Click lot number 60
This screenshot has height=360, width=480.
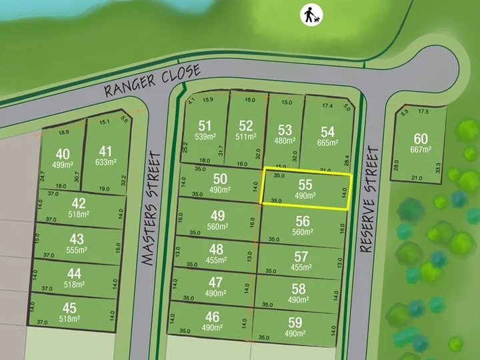click(x=421, y=139)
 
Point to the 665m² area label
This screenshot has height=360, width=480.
click(x=327, y=143)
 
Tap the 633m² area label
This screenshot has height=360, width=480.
click(x=106, y=161)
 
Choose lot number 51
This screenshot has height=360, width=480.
click(x=205, y=125)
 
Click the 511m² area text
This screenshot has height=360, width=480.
click(x=246, y=136)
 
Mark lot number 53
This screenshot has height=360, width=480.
click(x=285, y=129)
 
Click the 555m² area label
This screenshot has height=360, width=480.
click(x=78, y=250)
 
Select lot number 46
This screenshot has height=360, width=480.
click(x=212, y=316)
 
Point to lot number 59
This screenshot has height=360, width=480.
click(x=295, y=323)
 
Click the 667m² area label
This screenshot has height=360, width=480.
click(x=421, y=149)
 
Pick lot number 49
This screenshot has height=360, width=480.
click(x=217, y=215)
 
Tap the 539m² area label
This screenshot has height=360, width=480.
click(x=205, y=136)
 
